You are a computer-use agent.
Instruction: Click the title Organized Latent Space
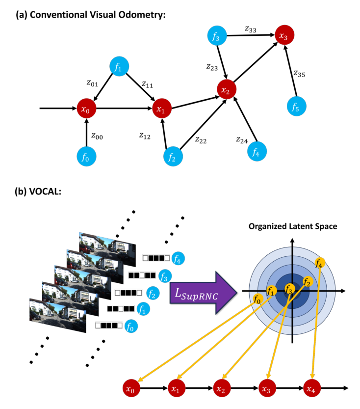[x=292, y=226]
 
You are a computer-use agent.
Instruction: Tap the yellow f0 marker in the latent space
[x=257, y=299]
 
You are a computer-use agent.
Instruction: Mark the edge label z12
[x=145, y=136]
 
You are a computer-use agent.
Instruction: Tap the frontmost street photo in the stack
[x=55, y=315]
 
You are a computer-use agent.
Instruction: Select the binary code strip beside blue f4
[x=156, y=257]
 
